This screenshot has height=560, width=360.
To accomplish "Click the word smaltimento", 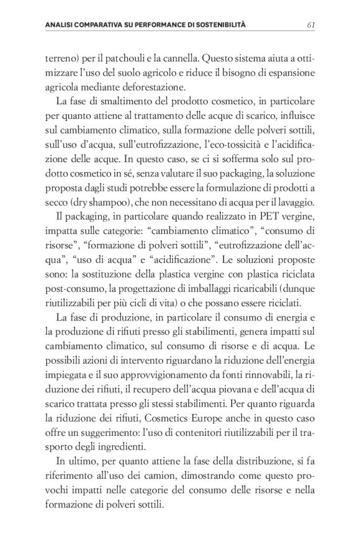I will pyautogui.click(x=114, y=102).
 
